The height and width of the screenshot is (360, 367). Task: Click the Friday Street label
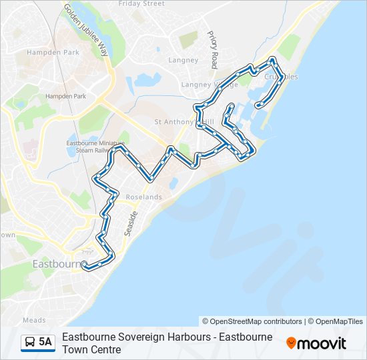[x=141, y=4]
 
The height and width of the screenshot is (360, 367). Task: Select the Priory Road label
[x=214, y=49]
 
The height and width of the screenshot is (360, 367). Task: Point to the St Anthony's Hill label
[x=183, y=122]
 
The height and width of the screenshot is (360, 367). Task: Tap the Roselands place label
[x=143, y=197]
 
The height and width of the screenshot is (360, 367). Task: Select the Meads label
[x=34, y=320]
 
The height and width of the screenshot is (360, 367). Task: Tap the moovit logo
[x=316, y=343]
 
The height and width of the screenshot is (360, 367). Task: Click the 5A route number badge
[x=45, y=342]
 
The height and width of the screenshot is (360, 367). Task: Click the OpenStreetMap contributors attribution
[x=252, y=321]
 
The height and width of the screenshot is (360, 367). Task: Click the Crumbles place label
[x=281, y=77]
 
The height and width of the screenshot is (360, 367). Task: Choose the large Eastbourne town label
[x=56, y=264]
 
